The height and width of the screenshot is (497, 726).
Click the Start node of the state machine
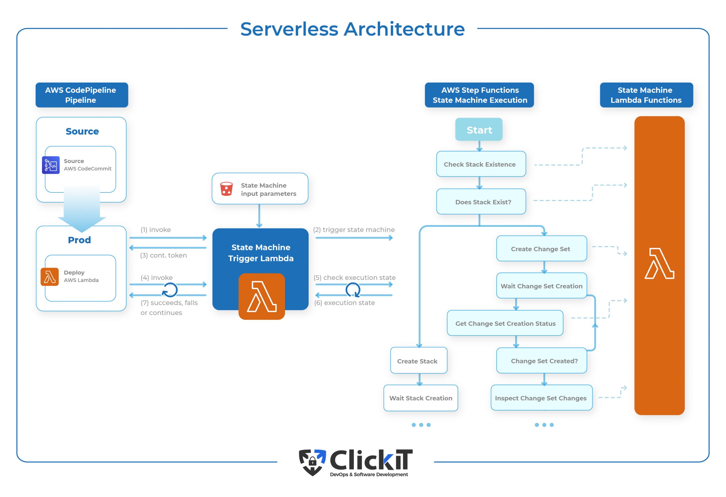pyautogui.click(x=479, y=129)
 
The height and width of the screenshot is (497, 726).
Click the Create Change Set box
pyautogui.click(x=541, y=249)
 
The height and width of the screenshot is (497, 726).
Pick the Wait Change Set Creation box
pyautogui.click(x=541, y=286)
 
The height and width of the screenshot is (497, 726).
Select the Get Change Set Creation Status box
pyautogui.click(x=505, y=323)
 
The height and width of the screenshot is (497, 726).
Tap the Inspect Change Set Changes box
pyautogui.click(x=541, y=398)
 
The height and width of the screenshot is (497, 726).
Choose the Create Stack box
pyautogui.click(x=419, y=361)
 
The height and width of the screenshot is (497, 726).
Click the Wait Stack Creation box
pyautogui.click(x=421, y=398)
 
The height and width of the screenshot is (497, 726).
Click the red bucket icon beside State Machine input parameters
pyautogui.click(x=227, y=189)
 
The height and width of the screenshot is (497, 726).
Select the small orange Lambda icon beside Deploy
pyautogui.click(x=50, y=277)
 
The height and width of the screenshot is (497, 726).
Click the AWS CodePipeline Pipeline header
pyautogui.click(x=82, y=95)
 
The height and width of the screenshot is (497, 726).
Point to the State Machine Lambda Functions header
pyautogui.click(x=646, y=95)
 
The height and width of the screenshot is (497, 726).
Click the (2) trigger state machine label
pyautogui.click(x=354, y=230)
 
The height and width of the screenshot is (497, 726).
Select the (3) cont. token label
pyautogui.click(x=163, y=255)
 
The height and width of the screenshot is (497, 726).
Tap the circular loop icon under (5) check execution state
pyautogui.click(x=353, y=290)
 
